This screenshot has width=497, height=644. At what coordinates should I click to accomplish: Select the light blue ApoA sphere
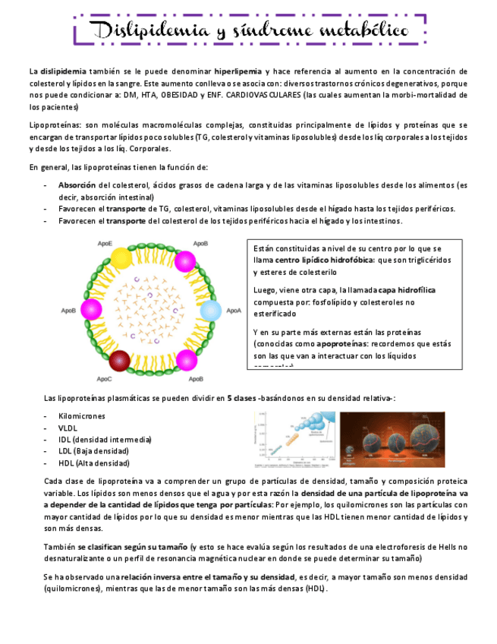pyautogui.click(x=210, y=311)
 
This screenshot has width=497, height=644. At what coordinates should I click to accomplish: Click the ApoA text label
pyautogui.click(x=234, y=311)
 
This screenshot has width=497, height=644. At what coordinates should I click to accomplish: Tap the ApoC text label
pyautogui.click(x=105, y=378)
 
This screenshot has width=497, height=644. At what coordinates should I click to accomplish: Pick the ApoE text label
pyautogui.click(x=105, y=243)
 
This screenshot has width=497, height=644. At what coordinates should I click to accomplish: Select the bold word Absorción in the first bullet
pyautogui.click(x=77, y=185)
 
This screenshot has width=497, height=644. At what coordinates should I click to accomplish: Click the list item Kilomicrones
pyautogui.click(x=82, y=416)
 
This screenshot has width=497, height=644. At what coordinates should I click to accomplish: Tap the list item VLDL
pyautogui.click(x=68, y=428)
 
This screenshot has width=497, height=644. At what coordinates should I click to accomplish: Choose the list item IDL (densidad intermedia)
pyautogui.click(x=105, y=439)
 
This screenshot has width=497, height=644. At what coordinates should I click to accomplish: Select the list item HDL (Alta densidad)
pyautogui.click(x=93, y=462)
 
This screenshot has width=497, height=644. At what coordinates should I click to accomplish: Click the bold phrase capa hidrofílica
pyautogui.click(x=407, y=290)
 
